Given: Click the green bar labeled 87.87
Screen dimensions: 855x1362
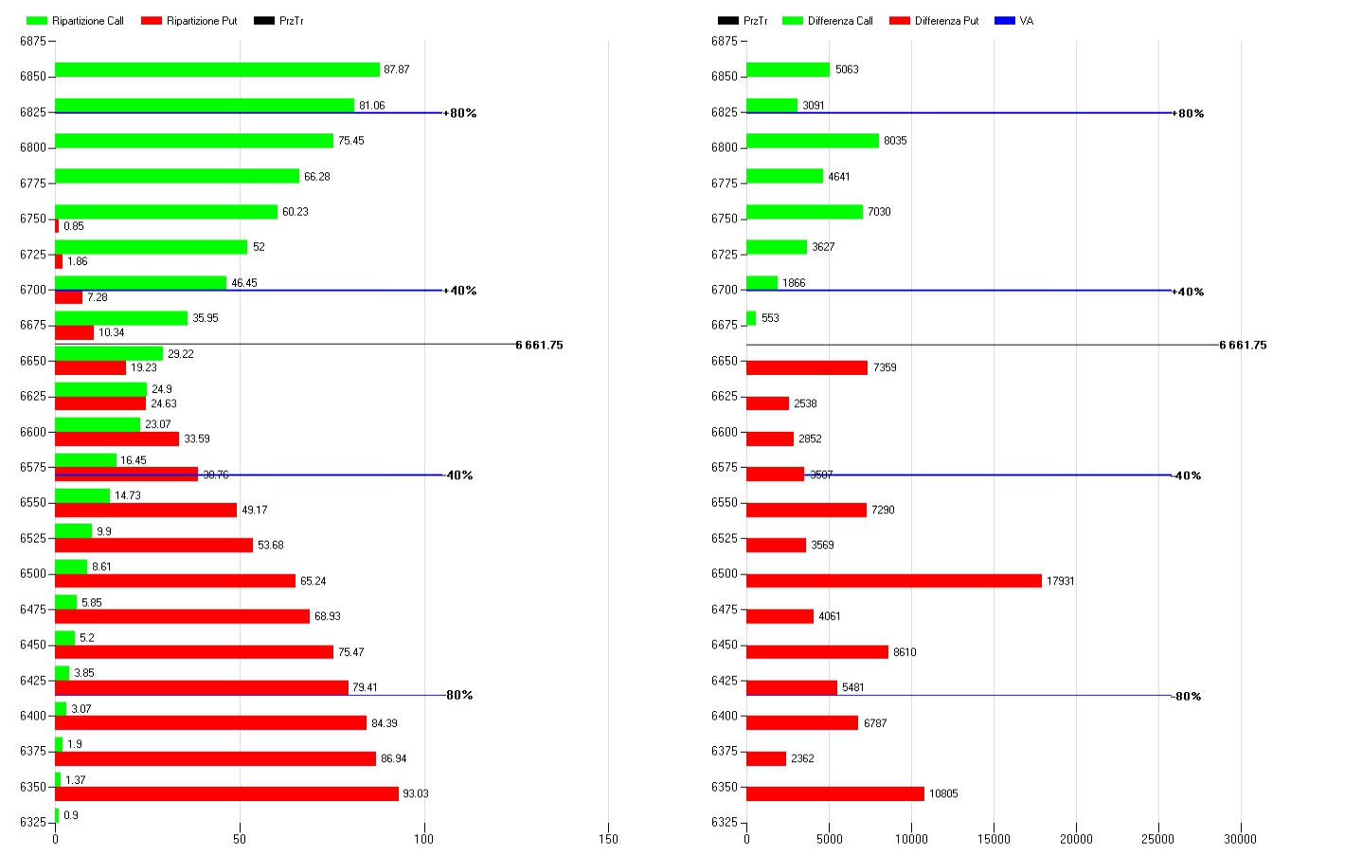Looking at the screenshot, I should [217, 69].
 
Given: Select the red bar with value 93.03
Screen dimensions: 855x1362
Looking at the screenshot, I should [226, 793].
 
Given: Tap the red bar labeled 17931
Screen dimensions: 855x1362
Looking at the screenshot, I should [893, 580].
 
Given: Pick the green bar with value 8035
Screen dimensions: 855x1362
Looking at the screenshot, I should [813, 140].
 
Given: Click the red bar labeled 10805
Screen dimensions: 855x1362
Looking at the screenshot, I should [834, 793].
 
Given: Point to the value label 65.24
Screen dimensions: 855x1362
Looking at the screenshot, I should [313, 581].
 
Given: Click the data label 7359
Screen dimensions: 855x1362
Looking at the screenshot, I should [885, 367].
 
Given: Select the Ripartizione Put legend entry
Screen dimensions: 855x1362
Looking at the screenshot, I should [189, 21].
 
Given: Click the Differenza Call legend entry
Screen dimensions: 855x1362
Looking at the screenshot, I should [828, 21].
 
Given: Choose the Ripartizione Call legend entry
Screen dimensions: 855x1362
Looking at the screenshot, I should [76, 21].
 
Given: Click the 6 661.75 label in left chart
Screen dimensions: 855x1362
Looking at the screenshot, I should [540, 345].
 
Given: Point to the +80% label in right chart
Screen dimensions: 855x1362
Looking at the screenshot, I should [1189, 114].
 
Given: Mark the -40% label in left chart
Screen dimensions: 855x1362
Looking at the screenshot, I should [459, 475].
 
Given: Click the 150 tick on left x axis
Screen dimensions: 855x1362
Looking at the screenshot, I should [609, 839].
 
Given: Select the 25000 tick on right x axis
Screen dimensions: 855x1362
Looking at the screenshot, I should [1157, 839].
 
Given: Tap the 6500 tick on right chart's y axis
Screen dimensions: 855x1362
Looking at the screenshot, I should [724, 574].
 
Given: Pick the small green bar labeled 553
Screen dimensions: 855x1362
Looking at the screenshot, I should [751, 318].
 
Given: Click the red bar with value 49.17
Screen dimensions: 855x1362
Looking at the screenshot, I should [146, 509].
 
